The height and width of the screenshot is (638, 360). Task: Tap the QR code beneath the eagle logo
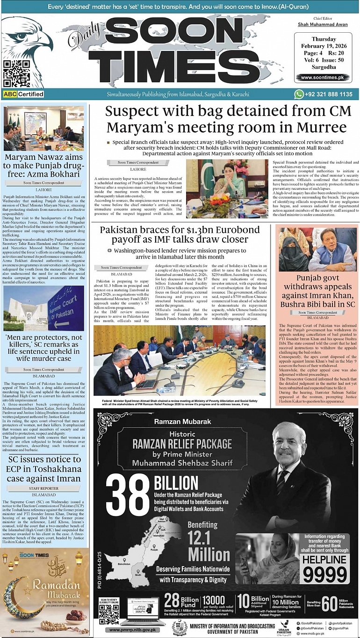click(x=16, y=74)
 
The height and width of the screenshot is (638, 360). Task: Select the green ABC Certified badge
click(x=23, y=94)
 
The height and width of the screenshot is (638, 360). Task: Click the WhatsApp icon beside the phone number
click(x=299, y=94)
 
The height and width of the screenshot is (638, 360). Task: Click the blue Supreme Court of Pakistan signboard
click(x=65, y=308)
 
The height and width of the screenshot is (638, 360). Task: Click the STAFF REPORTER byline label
click(x=44, y=488)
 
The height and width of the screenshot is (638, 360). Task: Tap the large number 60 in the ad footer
click(x=330, y=603)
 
